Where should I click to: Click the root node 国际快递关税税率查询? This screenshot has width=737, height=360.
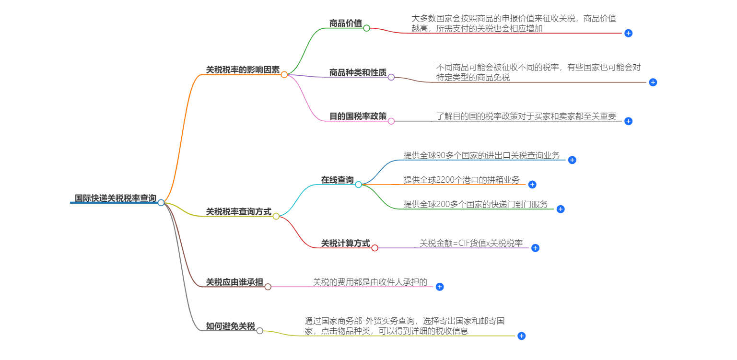pyautogui.click(x=115, y=198)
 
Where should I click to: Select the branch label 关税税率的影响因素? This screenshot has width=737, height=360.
pyautogui.click(x=243, y=70)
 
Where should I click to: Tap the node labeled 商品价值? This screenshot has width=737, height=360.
pyautogui.click(x=345, y=23)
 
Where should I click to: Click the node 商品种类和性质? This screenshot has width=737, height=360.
pyautogui.click(x=358, y=72)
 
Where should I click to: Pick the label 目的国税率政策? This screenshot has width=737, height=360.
pyautogui.click(x=358, y=116)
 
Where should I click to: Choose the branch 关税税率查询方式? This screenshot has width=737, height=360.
pyautogui.click(x=238, y=211)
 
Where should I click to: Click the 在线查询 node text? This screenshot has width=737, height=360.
pyautogui.click(x=337, y=180)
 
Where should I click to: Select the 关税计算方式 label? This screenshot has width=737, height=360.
pyautogui.click(x=345, y=244)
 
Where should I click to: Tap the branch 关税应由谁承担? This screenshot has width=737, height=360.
pyautogui.click(x=234, y=282)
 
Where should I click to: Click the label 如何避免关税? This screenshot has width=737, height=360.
pyautogui.click(x=230, y=326)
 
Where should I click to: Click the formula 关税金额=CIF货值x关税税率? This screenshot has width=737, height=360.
pyautogui.click(x=471, y=244)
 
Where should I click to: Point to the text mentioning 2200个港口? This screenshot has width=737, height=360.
pyautogui.click(x=461, y=180)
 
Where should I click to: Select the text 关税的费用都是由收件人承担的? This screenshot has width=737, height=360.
pyautogui.click(x=370, y=282)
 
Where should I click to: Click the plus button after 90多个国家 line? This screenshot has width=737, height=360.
pyautogui.click(x=572, y=160)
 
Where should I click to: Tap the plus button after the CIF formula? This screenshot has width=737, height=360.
pyautogui.click(x=536, y=248)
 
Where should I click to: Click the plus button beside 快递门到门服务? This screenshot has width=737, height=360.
pyautogui.click(x=561, y=209)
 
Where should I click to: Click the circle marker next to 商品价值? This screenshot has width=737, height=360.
pyautogui.click(x=366, y=28)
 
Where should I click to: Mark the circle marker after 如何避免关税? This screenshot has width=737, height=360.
pyautogui.click(x=259, y=331)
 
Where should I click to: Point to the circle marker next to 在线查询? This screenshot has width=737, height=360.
pyautogui.click(x=358, y=185)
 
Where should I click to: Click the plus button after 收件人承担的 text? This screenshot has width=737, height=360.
pyautogui.click(x=440, y=287)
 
